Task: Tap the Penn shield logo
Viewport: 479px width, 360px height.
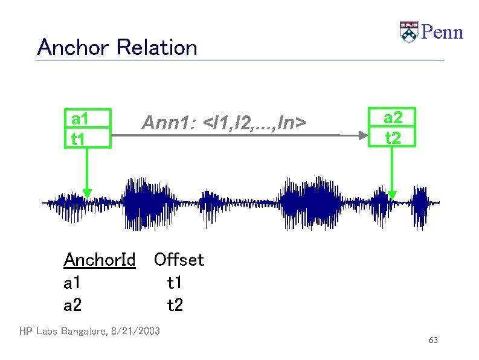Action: click(409, 32)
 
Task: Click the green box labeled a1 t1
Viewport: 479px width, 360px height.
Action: click(88, 129)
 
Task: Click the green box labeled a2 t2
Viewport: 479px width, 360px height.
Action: click(393, 129)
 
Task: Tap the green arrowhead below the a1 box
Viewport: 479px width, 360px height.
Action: click(88, 193)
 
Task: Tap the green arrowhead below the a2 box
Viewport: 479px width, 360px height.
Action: click(393, 194)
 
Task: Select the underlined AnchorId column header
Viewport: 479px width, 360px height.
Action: click(99, 260)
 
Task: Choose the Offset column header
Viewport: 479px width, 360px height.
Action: click(179, 260)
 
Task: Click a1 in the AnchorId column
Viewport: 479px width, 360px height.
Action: click(72, 283)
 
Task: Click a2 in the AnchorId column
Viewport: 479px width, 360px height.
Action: click(72, 306)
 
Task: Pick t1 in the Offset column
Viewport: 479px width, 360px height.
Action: click(175, 283)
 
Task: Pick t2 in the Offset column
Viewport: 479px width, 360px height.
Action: click(175, 306)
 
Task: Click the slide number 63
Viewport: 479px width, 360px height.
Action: click(433, 341)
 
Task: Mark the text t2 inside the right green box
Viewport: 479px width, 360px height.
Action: click(393, 138)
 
